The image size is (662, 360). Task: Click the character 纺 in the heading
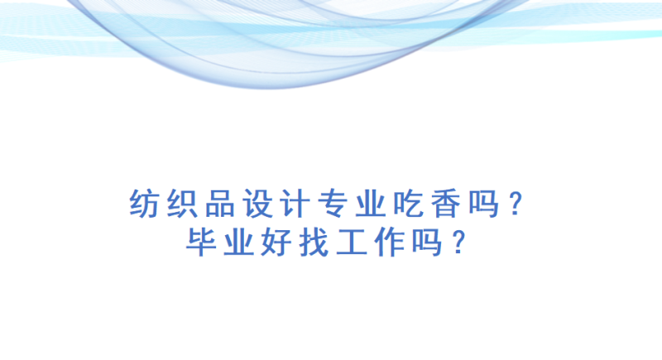[144, 204]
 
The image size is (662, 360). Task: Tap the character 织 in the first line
[182, 204]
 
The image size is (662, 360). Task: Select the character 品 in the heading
[220, 204]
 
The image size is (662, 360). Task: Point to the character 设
[257, 204]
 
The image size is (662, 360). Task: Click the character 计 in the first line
[295, 204]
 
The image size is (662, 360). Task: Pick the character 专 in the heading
[333, 204]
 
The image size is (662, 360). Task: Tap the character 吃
[408, 204]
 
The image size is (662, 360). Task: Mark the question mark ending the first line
[516, 204]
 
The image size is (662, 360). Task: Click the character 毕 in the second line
[201, 242]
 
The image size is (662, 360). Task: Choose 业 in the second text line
[238, 242]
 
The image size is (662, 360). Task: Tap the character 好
[276, 242]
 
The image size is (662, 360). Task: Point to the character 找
[314, 242]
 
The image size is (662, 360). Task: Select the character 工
[352, 242]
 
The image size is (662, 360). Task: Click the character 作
[389, 242]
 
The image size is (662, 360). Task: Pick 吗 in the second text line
[427, 242]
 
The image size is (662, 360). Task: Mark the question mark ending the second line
[459, 242]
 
